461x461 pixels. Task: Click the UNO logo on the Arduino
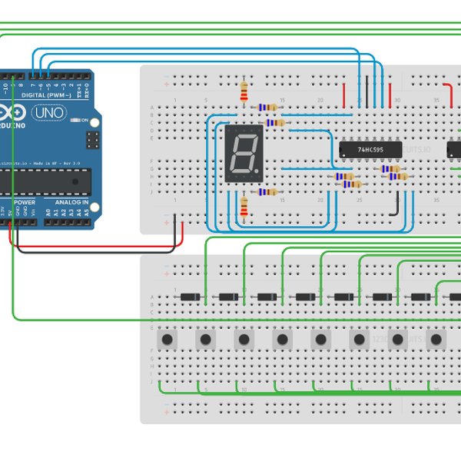point(50,113)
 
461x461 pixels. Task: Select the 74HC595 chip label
point(370,150)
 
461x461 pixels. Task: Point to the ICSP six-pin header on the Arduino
point(92,140)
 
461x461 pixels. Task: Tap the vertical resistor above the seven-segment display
point(244,92)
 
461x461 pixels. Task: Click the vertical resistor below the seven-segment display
point(244,206)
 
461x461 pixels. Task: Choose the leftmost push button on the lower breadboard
point(167,339)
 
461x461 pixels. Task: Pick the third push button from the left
point(244,339)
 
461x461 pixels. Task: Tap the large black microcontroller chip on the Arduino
point(42,181)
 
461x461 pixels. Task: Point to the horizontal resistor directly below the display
point(267,192)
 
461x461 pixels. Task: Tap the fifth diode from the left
point(343,297)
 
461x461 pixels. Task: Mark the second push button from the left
point(205,339)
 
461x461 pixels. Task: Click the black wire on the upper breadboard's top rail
point(366,93)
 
